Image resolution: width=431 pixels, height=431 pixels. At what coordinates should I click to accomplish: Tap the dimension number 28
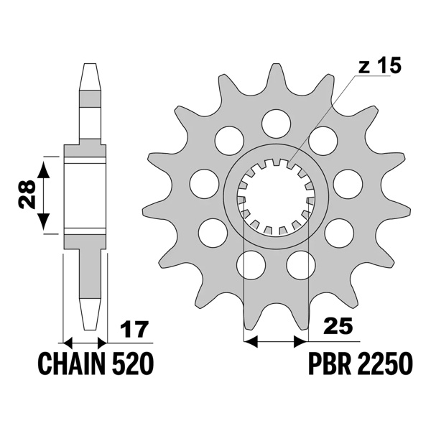click(x=27, y=194)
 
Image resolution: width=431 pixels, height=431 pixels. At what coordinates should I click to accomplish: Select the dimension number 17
click(x=134, y=330)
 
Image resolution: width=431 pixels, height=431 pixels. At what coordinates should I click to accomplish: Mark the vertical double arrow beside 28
click(x=45, y=194)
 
